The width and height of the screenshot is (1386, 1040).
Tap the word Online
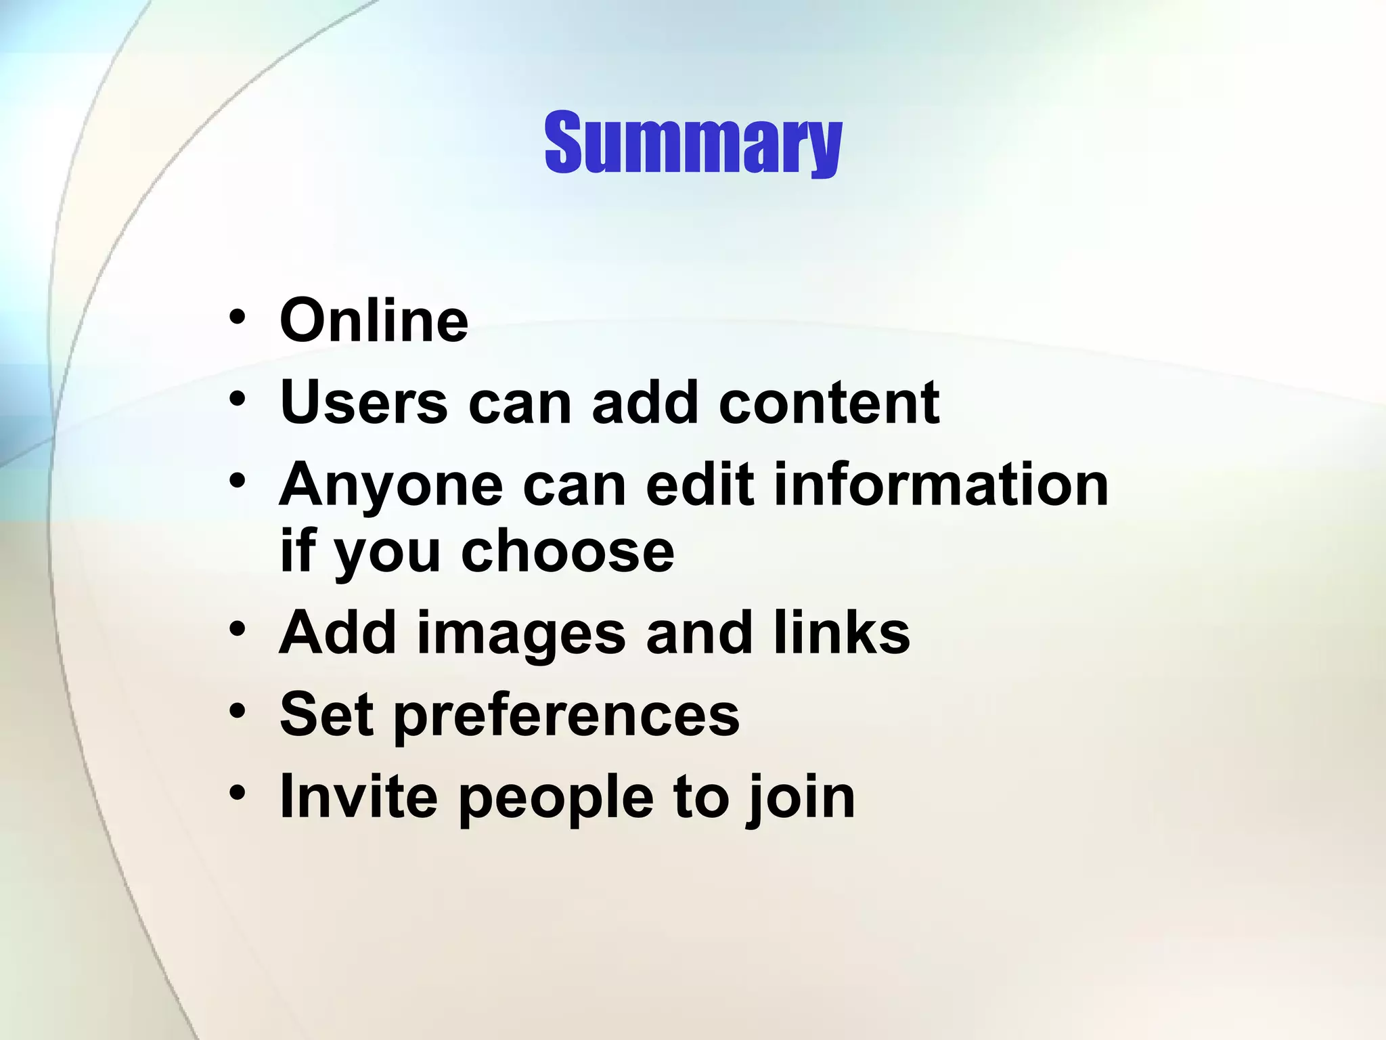[374, 320]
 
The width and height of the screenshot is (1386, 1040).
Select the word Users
[363, 402]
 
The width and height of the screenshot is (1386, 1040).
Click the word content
[828, 402]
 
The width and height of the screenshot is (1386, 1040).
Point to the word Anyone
[390, 484]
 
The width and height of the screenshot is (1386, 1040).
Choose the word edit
[700, 484]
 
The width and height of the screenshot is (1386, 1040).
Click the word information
[941, 484]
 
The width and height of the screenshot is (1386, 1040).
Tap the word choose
[567, 552]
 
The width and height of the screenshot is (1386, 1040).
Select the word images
[520, 634]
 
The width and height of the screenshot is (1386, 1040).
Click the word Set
[326, 714]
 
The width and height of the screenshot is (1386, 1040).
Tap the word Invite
[359, 796]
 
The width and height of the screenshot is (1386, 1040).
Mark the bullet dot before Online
[237, 317]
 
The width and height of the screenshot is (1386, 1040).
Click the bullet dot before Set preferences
[237, 711]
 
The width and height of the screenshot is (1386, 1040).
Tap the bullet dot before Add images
[237, 630]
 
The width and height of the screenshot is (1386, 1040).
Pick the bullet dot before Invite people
[237, 792]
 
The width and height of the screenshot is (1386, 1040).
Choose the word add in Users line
[644, 402]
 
